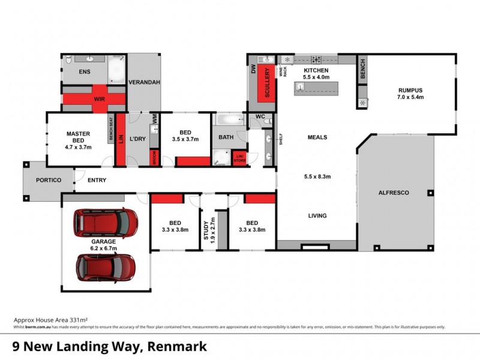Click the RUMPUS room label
(x=411, y=91)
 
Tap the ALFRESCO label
(x=394, y=193)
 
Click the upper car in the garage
(x=106, y=223)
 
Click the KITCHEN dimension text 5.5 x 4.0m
(x=316, y=77)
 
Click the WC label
(x=260, y=115)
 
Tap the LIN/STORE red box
(x=240, y=158)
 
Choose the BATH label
(x=226, y=137)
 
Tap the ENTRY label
(x=97, y=179)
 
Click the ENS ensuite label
(x=86, y=71)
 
